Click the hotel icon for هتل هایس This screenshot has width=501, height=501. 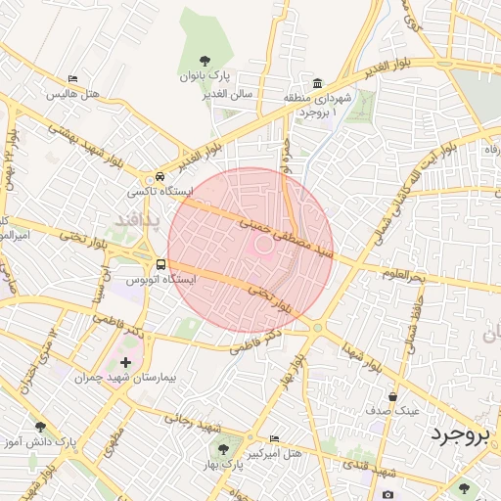coord(73,79)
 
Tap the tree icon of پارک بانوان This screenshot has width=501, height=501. coord(204,60)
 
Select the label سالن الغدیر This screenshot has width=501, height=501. coord(227,92)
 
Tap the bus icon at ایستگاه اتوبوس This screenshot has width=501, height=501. coord(160,264)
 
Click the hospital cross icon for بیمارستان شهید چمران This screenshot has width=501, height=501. coord(125,362)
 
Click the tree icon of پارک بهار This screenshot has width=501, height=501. coord(223,449)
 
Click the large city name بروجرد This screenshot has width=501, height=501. coord(457,434)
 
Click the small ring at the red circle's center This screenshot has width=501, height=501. coord(262,245)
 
